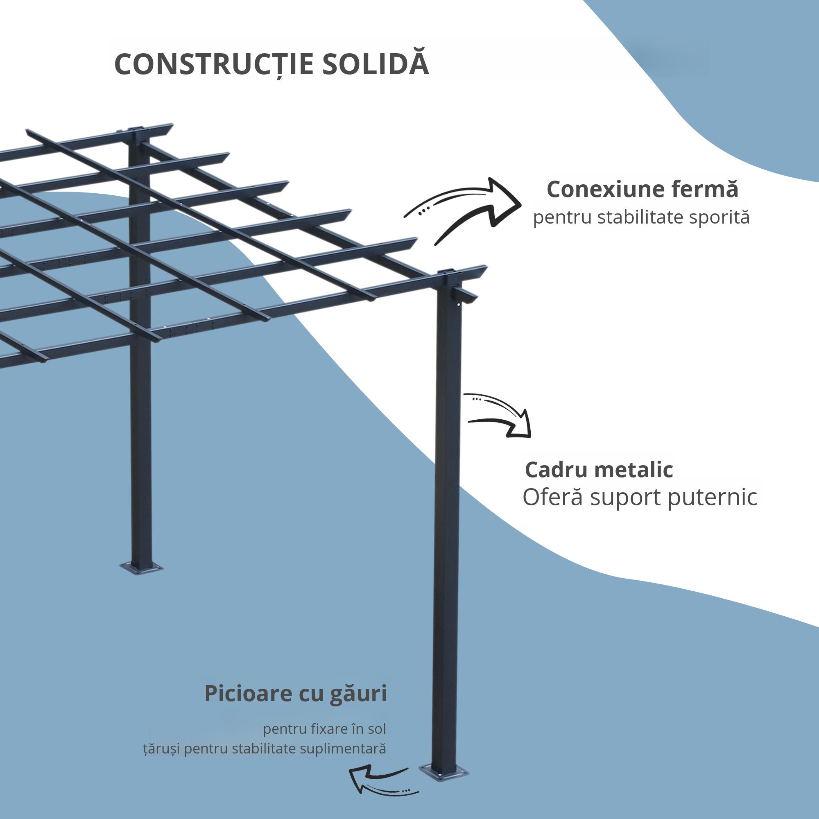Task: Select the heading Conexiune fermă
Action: tap(642, 189)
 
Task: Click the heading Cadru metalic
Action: tap(599, 470)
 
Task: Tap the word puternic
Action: tap(712, 498)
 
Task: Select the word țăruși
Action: tap(161, 749)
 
